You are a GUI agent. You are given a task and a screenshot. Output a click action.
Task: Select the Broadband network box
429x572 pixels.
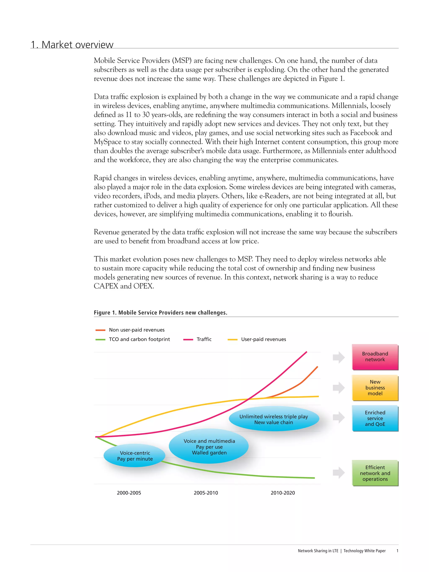[375, 357]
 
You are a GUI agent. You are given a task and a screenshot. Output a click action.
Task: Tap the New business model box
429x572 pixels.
[375, 387]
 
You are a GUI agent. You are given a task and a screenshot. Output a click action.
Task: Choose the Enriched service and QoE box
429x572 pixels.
[375, 418]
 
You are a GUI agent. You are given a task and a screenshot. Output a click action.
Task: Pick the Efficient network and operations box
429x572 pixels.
[375, 473]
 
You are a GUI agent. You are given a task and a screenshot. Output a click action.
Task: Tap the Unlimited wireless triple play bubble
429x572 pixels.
[274, 419]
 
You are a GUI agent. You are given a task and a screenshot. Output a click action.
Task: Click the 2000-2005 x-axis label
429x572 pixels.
[129, 493]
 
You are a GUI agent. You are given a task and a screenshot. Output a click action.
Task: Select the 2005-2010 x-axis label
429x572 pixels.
[206, 493]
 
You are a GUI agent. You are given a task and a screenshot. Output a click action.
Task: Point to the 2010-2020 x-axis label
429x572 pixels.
[283, 493]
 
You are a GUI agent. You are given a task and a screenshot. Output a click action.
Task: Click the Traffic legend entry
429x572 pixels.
[204, 339]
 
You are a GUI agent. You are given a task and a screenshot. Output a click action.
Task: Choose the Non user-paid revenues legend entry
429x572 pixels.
[137, 330]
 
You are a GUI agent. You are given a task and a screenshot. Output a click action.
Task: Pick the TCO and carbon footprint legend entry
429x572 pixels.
[139, 339]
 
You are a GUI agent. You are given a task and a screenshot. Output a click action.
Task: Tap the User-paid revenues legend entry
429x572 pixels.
[263, 339]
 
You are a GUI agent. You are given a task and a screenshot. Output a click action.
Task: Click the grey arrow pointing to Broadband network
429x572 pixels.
[339, 357]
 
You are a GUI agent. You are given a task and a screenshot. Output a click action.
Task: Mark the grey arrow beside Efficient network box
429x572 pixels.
[339, 473]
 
